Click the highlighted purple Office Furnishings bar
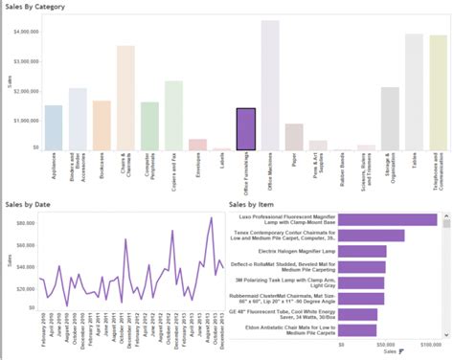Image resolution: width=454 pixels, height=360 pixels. (x=246, y=129)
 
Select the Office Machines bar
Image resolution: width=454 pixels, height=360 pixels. (x=270, y=86)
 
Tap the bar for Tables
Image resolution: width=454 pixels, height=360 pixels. (x=414, y=92)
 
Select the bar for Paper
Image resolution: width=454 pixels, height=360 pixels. (x=294, y=137)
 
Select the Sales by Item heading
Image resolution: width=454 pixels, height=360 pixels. (x=253, y=204)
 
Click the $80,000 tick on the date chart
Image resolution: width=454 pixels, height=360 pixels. (x=21, y=221)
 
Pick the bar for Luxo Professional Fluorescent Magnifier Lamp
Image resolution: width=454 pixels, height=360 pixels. (x=387, y=219)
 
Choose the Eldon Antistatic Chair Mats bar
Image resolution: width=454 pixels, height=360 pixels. (x=357, y=330)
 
